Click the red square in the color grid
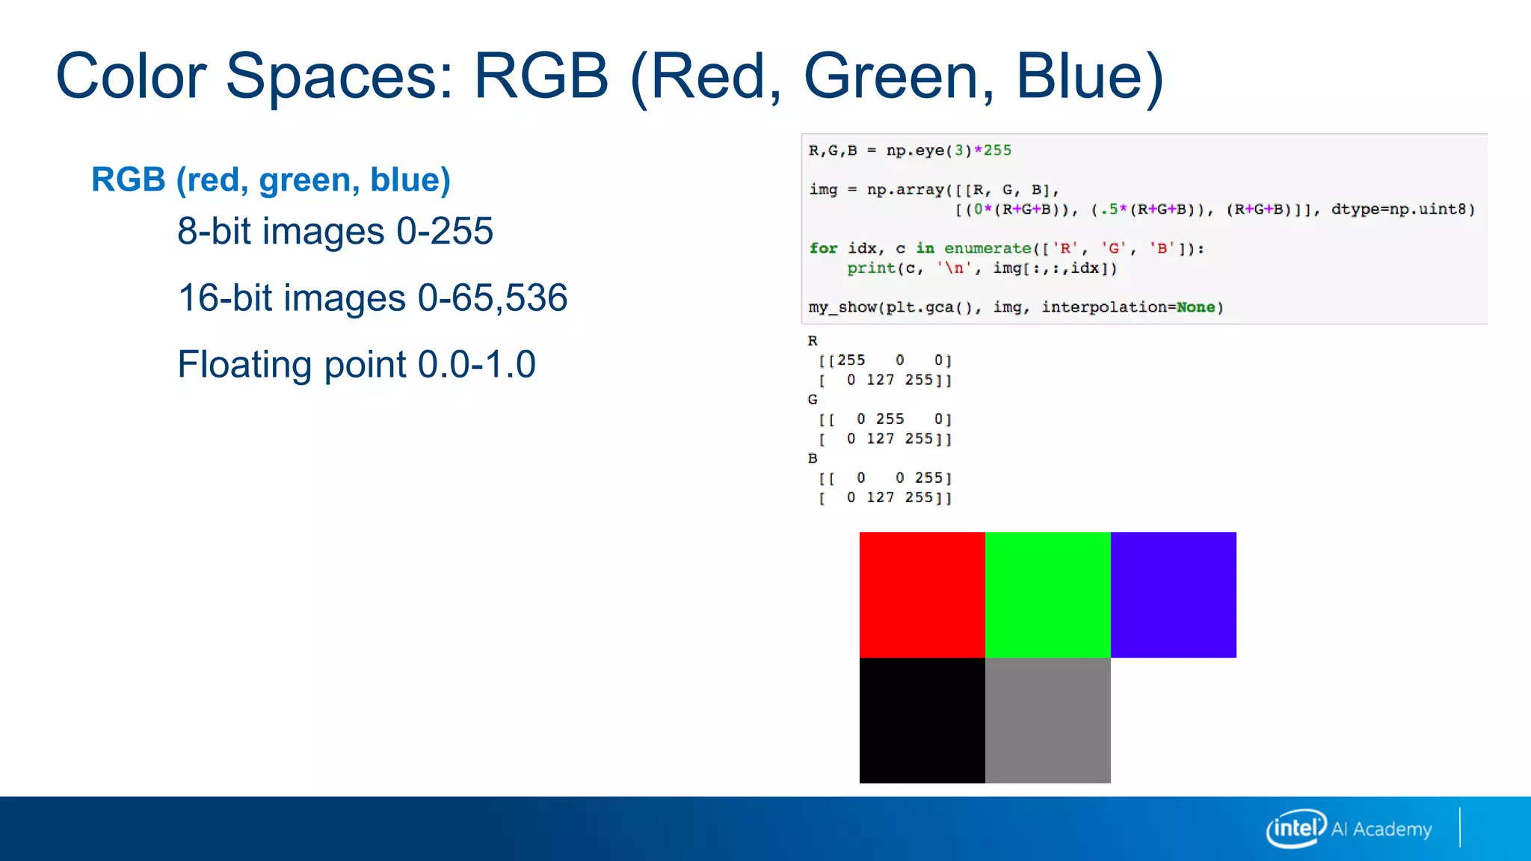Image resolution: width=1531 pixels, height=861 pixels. (x=922, y=594)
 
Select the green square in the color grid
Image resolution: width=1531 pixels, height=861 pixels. (x=1047, y=594)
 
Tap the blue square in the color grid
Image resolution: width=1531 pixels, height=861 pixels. (x=1173, y=594)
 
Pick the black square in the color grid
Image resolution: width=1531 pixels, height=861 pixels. (x=922, y=720)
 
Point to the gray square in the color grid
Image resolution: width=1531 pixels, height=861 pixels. (x=1047, y=720)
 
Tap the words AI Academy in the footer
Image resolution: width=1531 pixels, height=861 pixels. (x=1381, y=829)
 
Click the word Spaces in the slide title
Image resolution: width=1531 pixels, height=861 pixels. (x=340, y=76)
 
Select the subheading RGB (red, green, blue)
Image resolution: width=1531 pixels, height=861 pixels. (x=271, y=179)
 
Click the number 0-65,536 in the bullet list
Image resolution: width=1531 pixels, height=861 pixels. (x=493, y=297)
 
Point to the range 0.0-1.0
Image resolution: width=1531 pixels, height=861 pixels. (x=476, y=364)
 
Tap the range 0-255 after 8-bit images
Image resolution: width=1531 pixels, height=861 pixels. (x=445, y=231)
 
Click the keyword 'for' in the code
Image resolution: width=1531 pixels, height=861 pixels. (x=823, y=248)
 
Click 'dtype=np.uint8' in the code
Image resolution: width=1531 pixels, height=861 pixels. (x=1402, y=209)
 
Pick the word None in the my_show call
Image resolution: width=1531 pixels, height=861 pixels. (x=1195, y=307)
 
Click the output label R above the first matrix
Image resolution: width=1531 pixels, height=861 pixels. (x=813, y=341)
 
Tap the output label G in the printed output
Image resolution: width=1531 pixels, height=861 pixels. (x=813, y=400)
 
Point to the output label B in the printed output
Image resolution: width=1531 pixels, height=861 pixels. (x=813, y=458)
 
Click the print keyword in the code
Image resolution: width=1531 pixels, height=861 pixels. (x=871, y=268)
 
